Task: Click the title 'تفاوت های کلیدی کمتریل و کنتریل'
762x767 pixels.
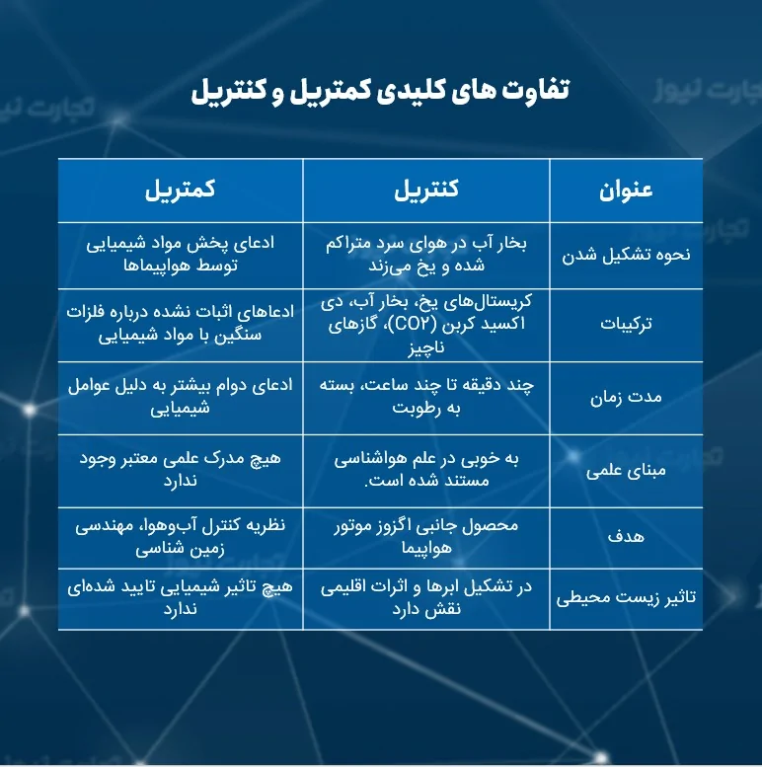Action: (380, 92)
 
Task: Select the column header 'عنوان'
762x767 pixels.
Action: (625, 191)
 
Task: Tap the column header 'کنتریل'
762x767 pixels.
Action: (426, 191)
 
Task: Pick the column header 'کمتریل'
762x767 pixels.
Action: (181, 191)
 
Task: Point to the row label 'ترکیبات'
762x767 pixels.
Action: (625, 323)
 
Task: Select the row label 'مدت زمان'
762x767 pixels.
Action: (625, 397)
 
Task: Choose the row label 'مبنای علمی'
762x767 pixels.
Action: (625, 470)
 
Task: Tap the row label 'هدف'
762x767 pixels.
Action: (625, 539)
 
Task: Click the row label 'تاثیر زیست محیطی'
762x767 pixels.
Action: (625, 598)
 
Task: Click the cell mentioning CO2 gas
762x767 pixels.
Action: (426, 323)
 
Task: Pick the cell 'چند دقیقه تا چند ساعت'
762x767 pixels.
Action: (426, 397)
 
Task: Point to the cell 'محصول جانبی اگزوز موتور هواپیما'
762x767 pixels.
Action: (426, 536)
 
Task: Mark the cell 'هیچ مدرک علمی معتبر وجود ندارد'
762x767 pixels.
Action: (181, 470)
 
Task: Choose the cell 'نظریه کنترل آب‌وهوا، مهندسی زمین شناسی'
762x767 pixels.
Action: (181, 536)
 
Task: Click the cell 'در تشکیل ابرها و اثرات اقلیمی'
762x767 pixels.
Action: (426, 598)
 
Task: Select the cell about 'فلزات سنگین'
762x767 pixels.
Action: (181, 323)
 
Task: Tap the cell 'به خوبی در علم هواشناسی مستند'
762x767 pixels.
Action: (426, 470)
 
